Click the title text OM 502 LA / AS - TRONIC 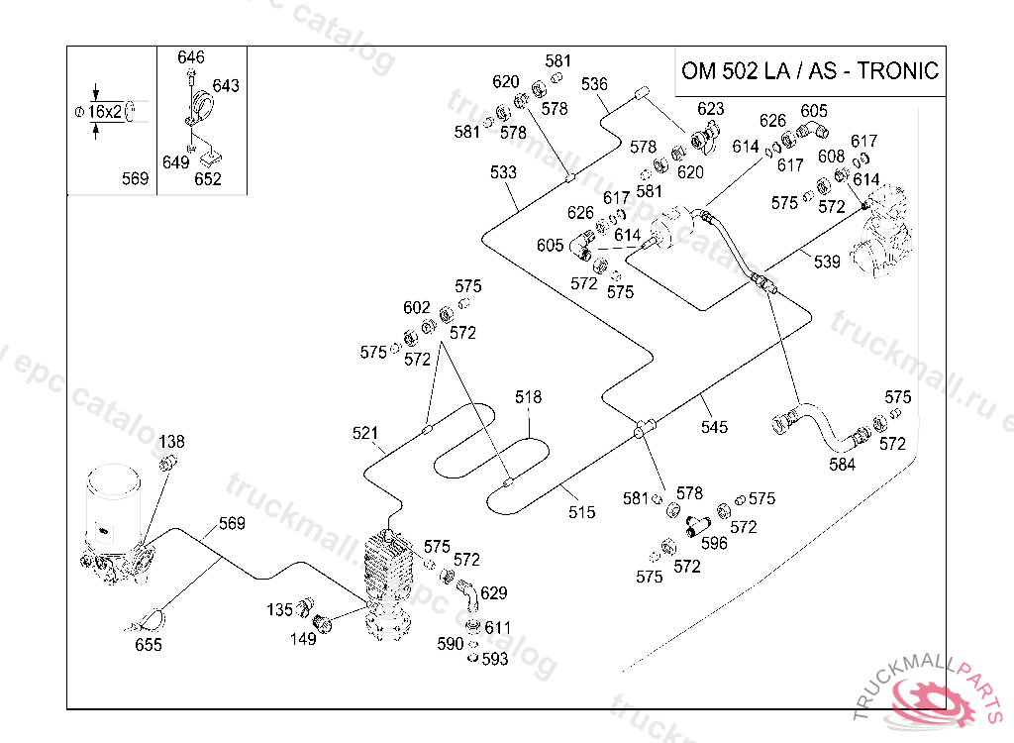810,70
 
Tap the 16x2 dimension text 105,111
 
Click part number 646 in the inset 191,56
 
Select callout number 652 208,178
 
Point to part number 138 171,442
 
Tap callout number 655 149,645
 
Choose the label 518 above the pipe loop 529,396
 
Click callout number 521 365,432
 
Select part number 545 715,427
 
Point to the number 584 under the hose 842,464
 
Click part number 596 714,543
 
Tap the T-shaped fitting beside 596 696,526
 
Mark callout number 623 711,108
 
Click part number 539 827,262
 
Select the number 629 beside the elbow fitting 493,592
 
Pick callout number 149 303,639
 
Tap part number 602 417,307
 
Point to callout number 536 594,83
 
